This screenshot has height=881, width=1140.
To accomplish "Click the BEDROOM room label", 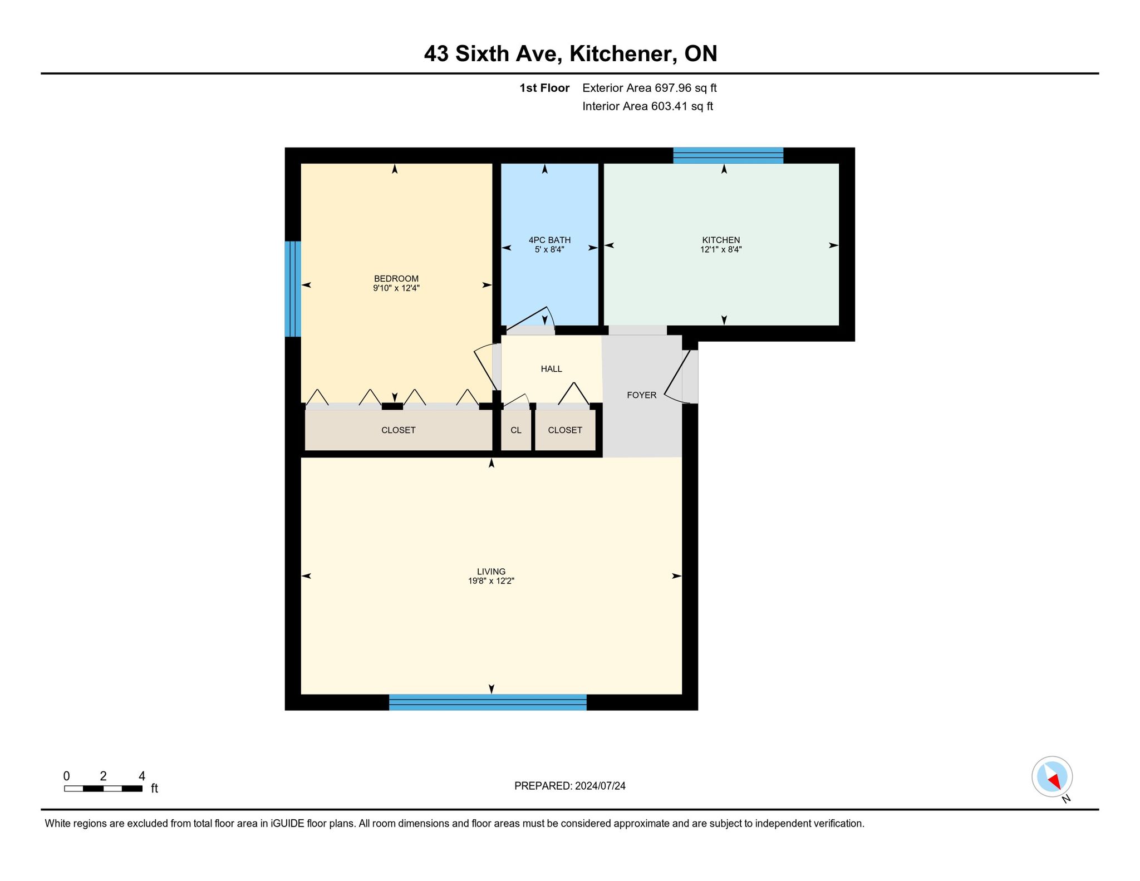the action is point(396,279).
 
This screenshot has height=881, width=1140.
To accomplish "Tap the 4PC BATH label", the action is point(549,240).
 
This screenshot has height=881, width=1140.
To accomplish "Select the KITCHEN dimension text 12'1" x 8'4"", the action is point(721,250).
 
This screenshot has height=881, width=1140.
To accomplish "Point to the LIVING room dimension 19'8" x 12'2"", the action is point(491,581).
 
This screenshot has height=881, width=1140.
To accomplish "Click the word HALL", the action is point(552,369).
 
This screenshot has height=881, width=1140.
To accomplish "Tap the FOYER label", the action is point(642,395).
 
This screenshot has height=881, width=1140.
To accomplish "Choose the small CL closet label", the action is point(516,430).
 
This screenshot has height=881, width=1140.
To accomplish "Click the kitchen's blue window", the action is point(728,155).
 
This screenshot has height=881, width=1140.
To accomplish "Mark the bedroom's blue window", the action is point(293,289).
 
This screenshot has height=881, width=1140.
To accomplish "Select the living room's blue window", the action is point(488,702).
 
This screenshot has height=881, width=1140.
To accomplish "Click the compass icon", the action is point(1052,777).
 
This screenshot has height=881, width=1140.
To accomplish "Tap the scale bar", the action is point(103,789).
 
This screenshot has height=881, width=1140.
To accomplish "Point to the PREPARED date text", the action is point(570,786).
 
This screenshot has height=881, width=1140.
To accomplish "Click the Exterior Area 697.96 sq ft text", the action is point(650,88).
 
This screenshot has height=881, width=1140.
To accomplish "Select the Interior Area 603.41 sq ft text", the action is point(648,106).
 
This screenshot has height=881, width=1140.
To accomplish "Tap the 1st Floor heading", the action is point(544,88).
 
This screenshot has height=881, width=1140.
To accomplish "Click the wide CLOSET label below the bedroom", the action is point(399,430).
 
